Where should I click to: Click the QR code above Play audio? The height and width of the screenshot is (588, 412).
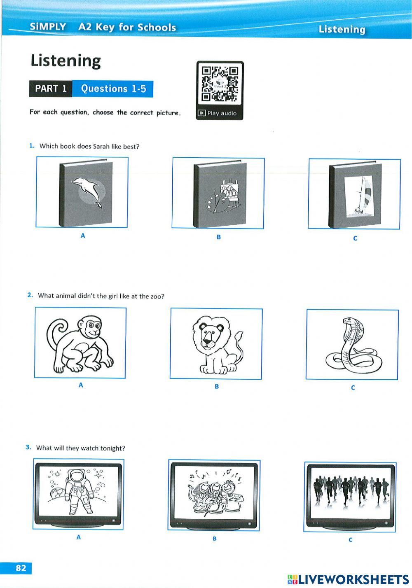point(220,84)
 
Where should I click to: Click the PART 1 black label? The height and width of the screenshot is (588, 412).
point(51,89)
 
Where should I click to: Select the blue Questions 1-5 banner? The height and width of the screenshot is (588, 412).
point(113,89)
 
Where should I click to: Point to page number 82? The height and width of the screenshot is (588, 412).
point(21,568)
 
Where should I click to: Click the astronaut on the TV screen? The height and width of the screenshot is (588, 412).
point(77,492)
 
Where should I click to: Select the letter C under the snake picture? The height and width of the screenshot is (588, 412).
point(353,387)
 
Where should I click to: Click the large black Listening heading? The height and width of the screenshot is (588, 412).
point(66,61)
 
